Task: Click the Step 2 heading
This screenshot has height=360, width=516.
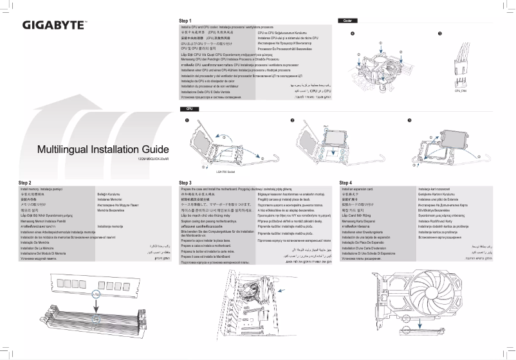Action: point(25,183)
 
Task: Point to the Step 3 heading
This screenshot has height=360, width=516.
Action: point(186,183)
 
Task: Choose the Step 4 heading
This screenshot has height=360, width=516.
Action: point(346,183)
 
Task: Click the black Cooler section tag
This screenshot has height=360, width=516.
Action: point(346,21)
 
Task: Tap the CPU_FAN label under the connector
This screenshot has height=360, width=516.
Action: point(460,91)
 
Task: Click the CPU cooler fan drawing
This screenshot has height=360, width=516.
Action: point(379,65)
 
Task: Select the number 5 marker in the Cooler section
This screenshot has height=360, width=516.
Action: point(439,33)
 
